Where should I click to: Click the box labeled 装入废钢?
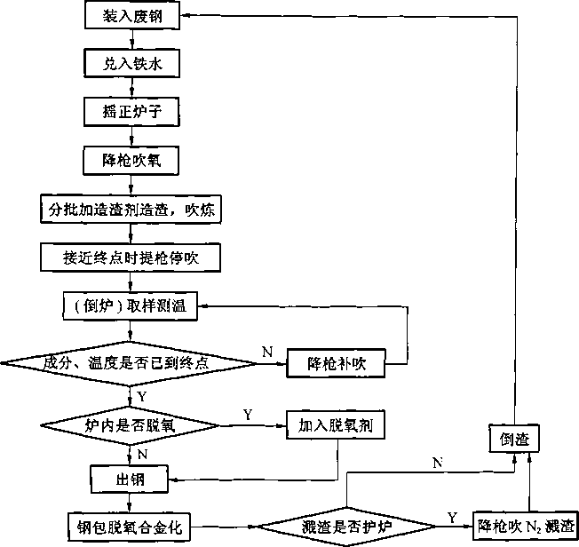(x=132, y=15)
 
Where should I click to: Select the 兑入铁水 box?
(x=131, y=64)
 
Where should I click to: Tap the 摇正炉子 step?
(x=131, y=112)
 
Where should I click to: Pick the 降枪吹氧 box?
(x=131, y=161)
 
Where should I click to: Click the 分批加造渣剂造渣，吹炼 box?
(x=131, y=210)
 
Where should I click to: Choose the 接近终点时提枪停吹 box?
(x=131, y=258)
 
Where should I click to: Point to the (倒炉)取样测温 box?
(x=130, y=305)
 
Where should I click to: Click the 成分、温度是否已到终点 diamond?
(x=129, y=363)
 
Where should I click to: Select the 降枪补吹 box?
(x=336, y=363)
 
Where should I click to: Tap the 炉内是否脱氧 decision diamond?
(x=130, y=425)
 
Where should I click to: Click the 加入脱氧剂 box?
(x=336, y=425)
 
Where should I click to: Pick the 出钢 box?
(x=130, y=480)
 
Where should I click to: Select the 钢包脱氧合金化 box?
(x=130, y=527)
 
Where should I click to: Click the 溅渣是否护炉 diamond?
(x=346, y=527)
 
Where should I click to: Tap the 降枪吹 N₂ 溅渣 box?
(x=526, y=526)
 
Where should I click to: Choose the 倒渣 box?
(x=514, y=439)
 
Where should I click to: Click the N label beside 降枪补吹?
(x=267, y=352)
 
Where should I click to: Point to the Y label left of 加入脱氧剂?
(x=248, y=415)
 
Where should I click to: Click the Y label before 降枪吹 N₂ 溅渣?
(x=452, y=518)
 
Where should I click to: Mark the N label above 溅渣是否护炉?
(x=438, y=463)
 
